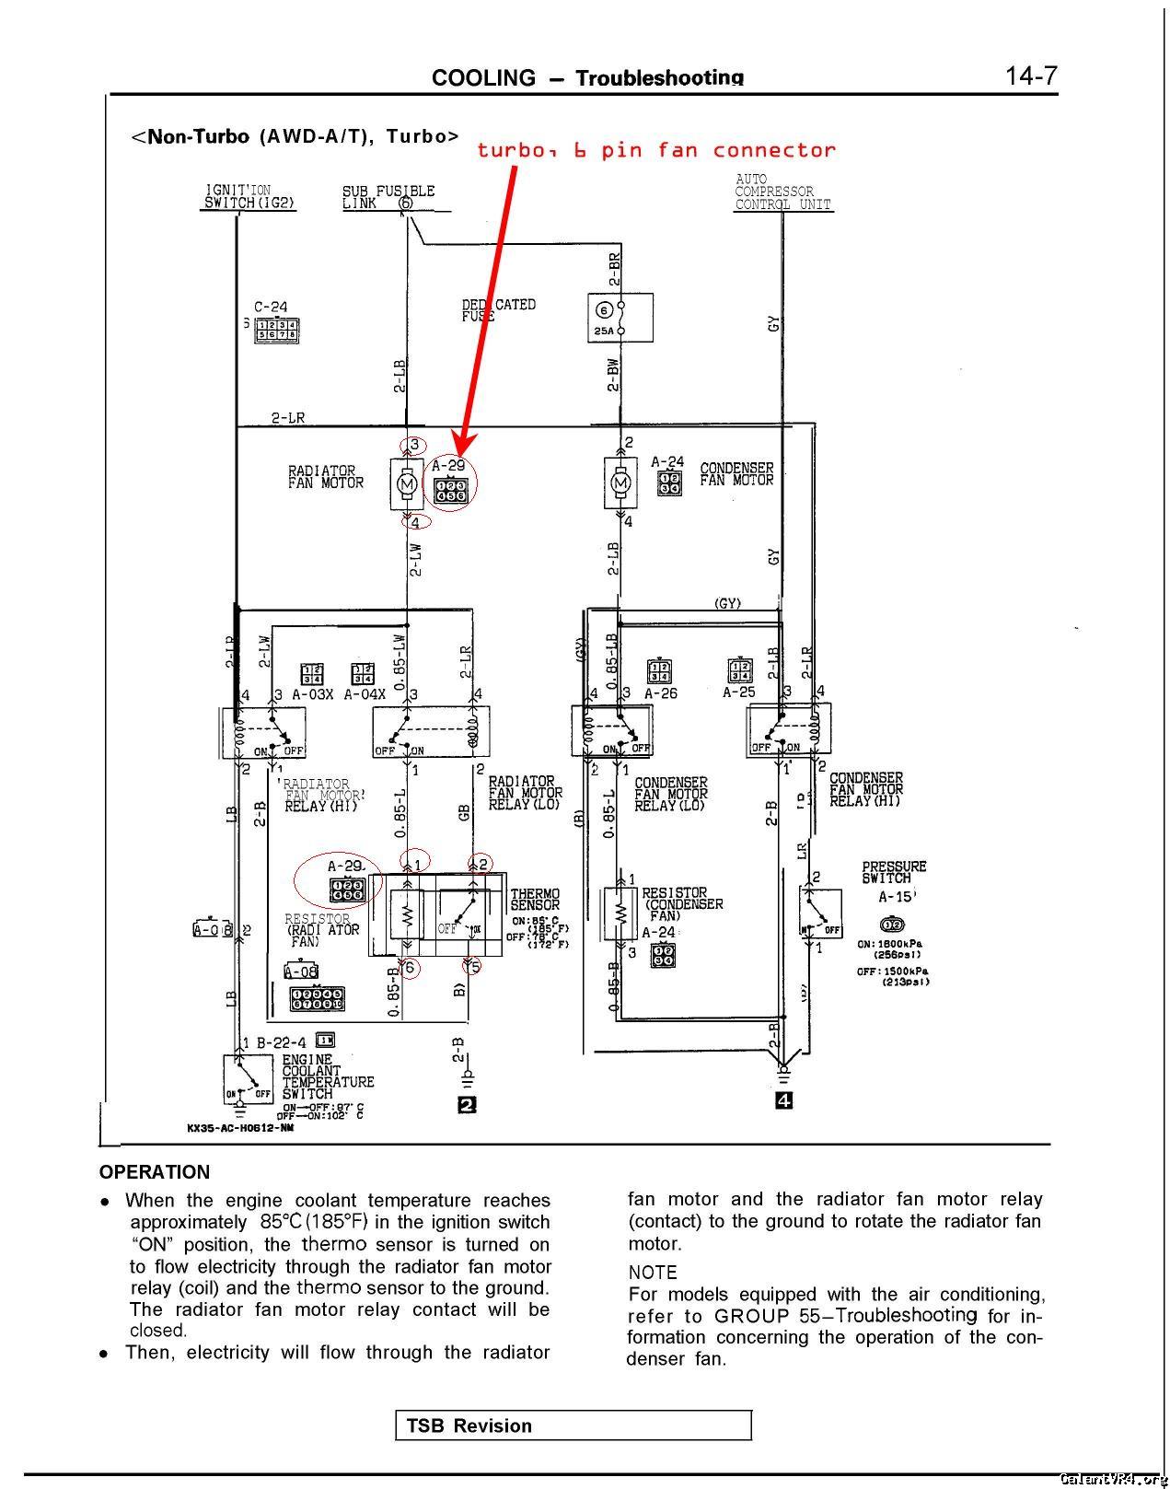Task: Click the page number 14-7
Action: [1031, 76]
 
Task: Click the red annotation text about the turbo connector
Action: [655, 150]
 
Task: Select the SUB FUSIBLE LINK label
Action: [388, 197]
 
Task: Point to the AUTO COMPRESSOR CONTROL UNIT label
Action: [782, 192]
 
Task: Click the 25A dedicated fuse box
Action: [620, 317]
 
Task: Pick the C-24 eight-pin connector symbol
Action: [276, 330]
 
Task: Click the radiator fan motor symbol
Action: [405, 482]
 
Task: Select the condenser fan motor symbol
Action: [620, 482]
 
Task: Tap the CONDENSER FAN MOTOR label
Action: [736, 474]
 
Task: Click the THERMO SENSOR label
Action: [535, 900]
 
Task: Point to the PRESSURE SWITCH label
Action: [894, 872]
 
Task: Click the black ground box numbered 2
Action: [467, 1105]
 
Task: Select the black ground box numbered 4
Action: [783, 1100]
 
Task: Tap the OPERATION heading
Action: [155, 1172]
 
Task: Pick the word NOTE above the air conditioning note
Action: [653, 1273]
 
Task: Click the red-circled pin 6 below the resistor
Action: [410, 968]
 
